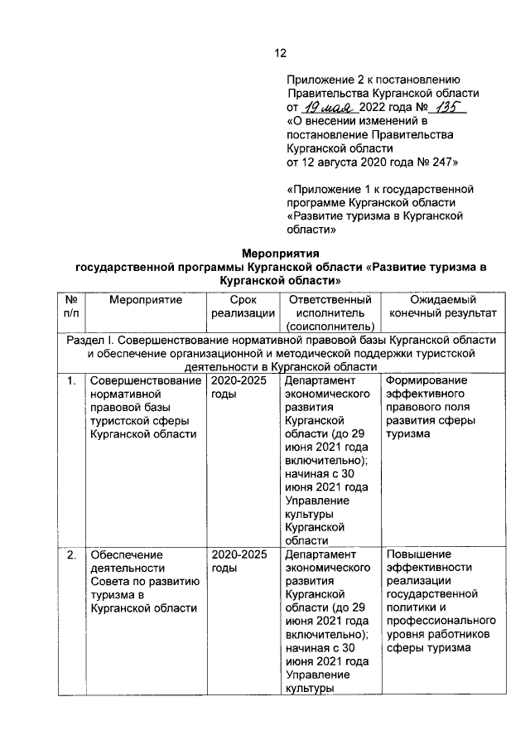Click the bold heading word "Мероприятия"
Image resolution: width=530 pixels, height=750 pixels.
[280, 253]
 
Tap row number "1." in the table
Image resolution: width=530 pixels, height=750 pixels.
[71, 381]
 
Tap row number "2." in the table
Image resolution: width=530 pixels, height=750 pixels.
[71, 554]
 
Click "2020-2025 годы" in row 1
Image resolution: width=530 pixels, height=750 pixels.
[239, 388]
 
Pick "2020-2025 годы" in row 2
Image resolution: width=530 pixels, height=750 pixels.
[239, 561]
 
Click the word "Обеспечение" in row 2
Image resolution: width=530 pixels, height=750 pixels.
[128, 554]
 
